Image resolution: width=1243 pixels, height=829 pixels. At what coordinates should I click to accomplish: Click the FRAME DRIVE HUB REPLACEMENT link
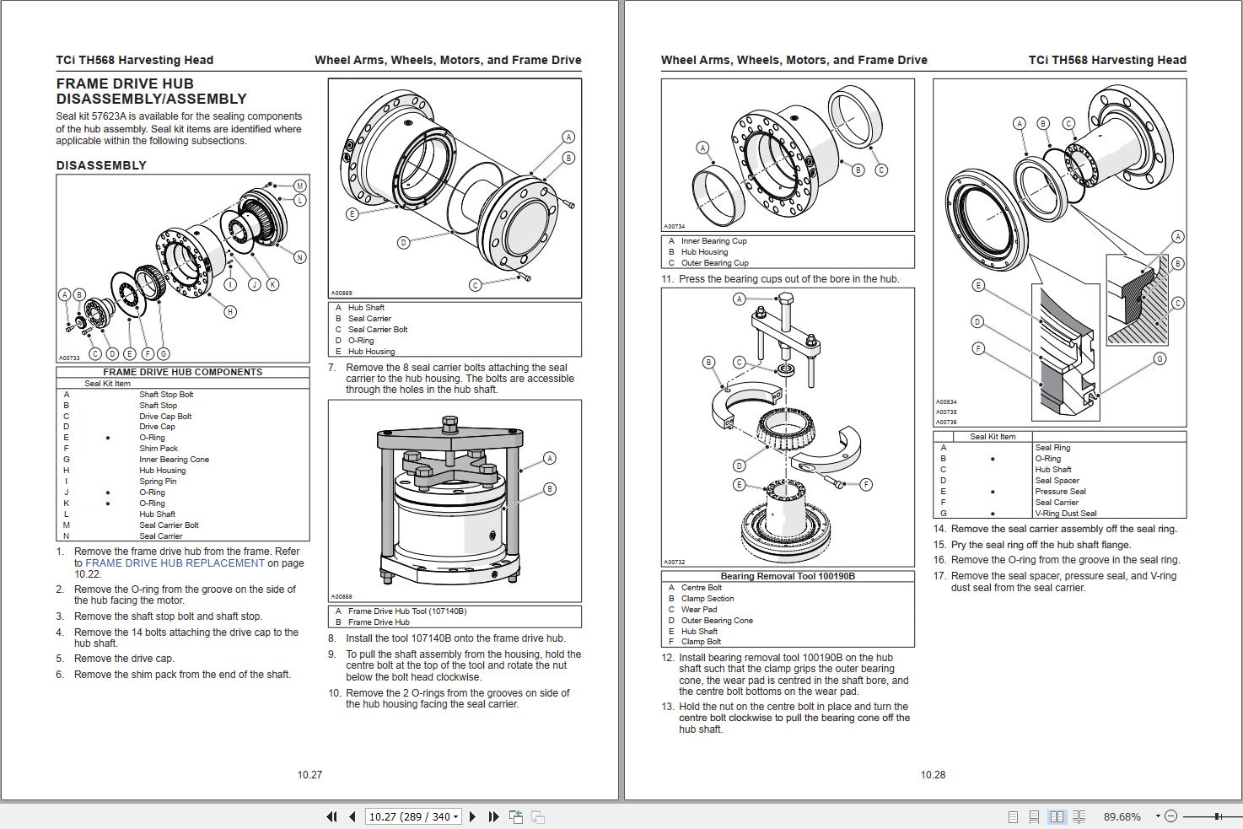[x=175, y=563]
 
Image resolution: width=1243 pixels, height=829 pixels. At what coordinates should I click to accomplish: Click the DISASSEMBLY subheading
[x=101, y=165]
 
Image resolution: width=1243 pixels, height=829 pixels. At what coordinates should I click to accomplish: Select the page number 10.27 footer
[x=309, y=775]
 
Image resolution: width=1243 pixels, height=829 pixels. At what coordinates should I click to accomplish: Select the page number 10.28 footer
[x=933, y=775]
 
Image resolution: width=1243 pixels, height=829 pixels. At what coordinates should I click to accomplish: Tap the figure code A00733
[x=69, y=358]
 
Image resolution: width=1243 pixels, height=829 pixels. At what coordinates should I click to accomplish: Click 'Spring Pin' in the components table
[x=158, y=482]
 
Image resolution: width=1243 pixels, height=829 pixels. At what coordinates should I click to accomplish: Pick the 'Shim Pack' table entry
[x=159, y=449]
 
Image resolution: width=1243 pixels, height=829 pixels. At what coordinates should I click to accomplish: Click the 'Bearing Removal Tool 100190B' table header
[x=788, y=577]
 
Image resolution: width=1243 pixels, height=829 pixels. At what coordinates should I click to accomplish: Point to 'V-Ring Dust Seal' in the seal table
[x=1066, y=514]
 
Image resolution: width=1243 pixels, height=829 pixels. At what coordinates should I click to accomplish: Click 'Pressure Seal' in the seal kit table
[x=1060, y=492]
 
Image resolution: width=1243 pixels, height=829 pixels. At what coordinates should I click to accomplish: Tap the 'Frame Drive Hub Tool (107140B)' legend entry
[x=406, y=611]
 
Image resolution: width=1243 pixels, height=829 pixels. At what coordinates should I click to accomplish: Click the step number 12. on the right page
[x=667, y=658]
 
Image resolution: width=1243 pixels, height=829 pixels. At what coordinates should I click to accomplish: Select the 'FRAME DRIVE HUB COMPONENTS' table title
[x=182, y=372]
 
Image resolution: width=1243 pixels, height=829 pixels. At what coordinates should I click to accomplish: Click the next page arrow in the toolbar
[x=472, y=816]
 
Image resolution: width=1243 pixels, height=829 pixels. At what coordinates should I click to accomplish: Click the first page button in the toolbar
[x=331, y=816]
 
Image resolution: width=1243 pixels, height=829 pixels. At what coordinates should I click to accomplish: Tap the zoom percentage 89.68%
[x=1122, y=816]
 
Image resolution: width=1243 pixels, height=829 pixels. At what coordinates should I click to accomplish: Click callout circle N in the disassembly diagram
[x=299, y=257]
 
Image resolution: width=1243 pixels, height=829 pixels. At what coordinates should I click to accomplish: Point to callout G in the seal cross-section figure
[x=1160, y=359]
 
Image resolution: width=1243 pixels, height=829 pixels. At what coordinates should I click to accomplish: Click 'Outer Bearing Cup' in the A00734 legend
[x=714, y=263]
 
